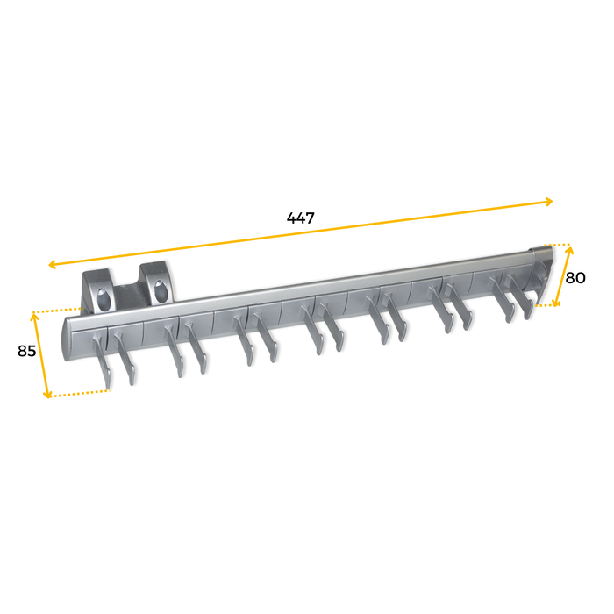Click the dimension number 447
tap(300, 218)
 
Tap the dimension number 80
tap(575, 278)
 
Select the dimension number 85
tap(27, 351)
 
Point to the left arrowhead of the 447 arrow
tap(52, 264)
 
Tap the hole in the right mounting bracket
tap(160, 289)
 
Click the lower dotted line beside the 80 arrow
tap(546, 305)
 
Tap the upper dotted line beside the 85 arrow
tap(57, 311)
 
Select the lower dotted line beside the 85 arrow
tap(79, 394)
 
